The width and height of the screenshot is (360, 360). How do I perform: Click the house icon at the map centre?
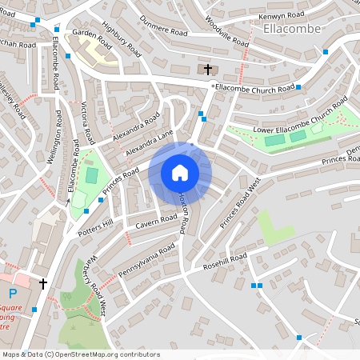click(180, 172)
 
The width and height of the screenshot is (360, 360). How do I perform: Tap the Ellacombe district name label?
click(291, 29)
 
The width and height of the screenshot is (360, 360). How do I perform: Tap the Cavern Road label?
click(156, 218)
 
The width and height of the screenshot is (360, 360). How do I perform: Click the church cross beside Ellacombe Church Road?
click(209, 70)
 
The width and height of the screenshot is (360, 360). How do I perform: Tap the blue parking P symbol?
click(14, 294)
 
